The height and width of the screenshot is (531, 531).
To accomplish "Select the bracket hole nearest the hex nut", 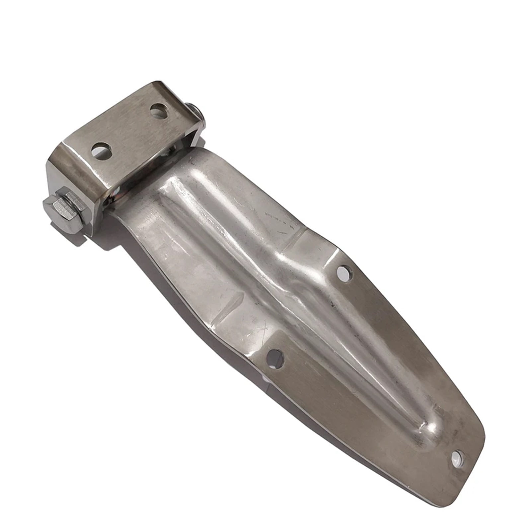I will click(101, 150).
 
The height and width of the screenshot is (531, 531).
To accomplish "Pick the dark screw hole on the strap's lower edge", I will click(275, 358).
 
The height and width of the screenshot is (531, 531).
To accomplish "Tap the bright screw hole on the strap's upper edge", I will click(344, 273).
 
